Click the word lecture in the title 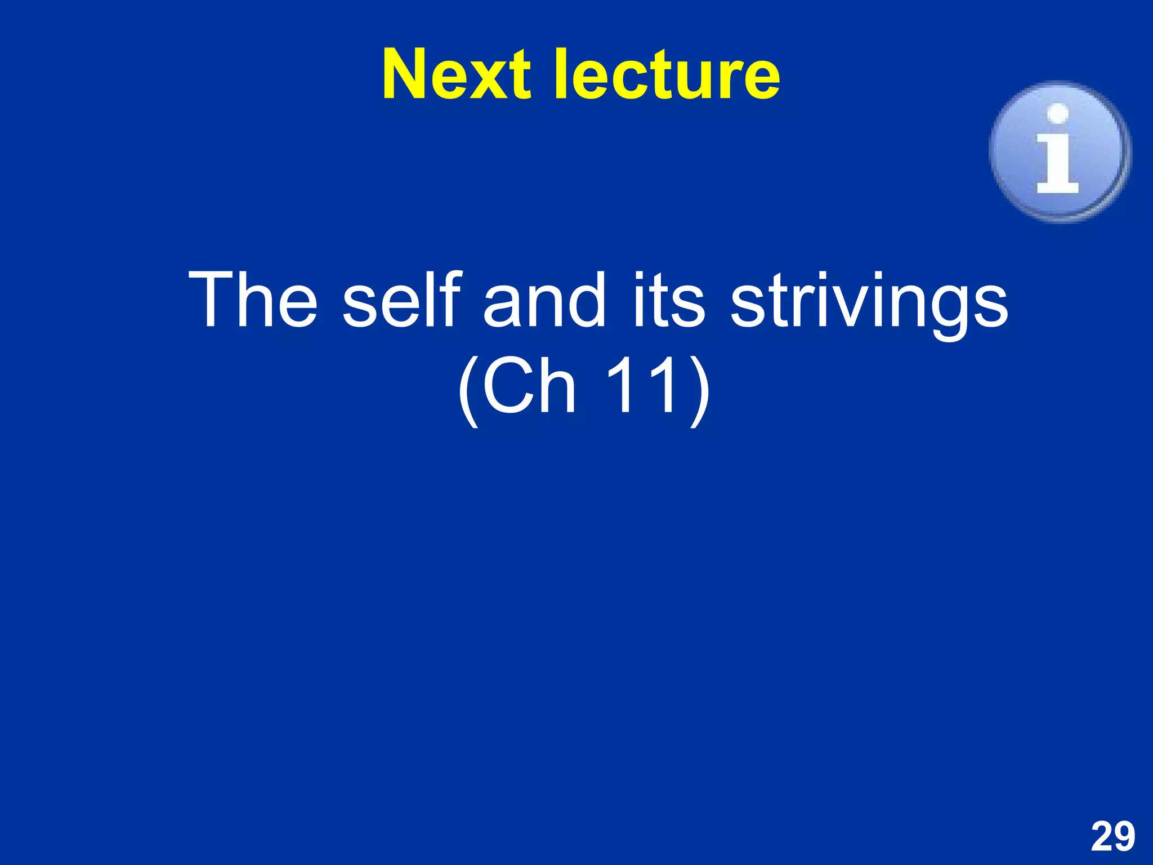(668, 74)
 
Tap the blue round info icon (1060, 151)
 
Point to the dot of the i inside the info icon (1058, 113)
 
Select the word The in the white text (253, 300)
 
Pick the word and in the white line (544, 300)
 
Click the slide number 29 (1112, 837)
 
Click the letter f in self (450, 298)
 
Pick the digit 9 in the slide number (1124, 837)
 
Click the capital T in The (211, 300)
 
